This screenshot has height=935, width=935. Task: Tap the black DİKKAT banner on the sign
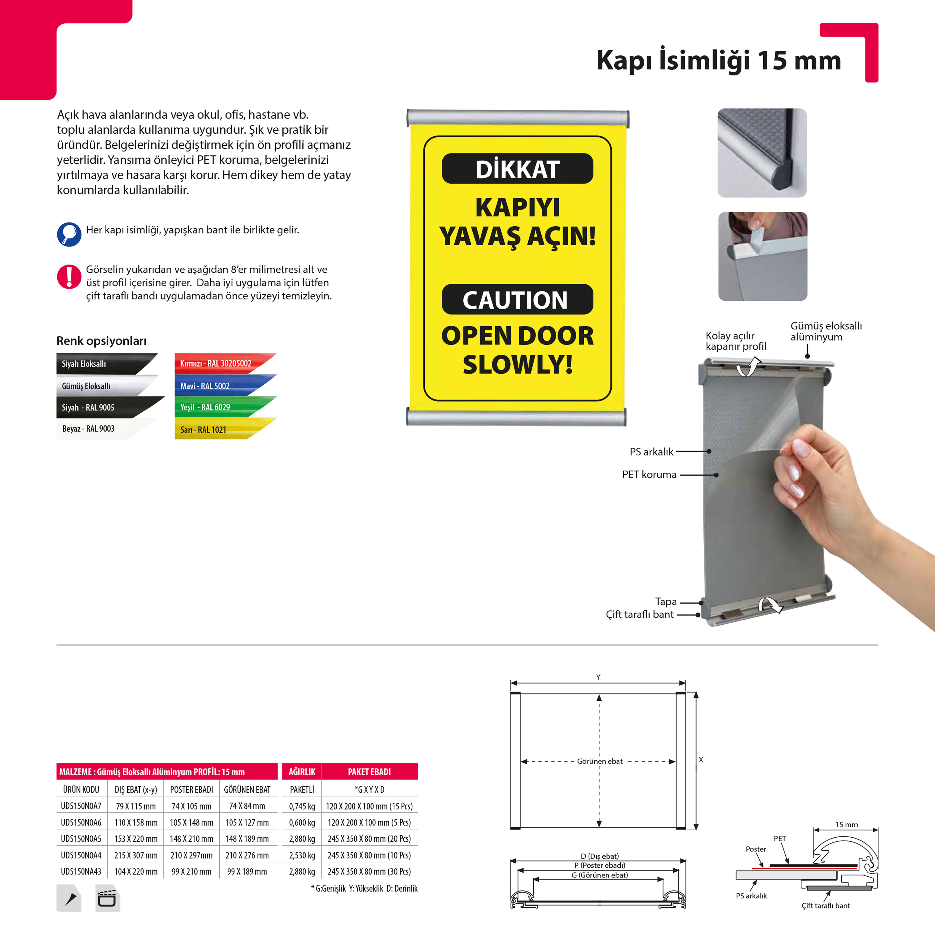(x=517, y=168)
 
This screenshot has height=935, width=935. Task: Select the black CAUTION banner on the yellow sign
(x=517, y=299)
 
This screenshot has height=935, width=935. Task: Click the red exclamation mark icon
(x=69, y=277)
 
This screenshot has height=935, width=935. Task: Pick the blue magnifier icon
(x=69, y=234)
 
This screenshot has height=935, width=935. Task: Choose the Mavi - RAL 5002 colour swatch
(x=225, y=386)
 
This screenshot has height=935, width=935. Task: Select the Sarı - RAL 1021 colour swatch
(x=225, y=429)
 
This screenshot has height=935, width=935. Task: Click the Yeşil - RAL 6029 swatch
(x=225, y=407)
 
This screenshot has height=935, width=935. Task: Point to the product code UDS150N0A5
(x=81, y=839)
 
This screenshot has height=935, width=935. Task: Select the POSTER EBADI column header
(x=192, y=790)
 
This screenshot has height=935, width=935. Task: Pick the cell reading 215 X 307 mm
(x=136, y=855)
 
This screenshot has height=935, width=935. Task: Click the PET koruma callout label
(x=650, y=475)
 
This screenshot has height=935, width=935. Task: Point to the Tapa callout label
(x=666, y=602)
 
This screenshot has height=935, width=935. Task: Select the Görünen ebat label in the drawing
(x=600, y=761)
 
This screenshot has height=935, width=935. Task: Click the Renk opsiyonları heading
(x=102, y=341)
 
